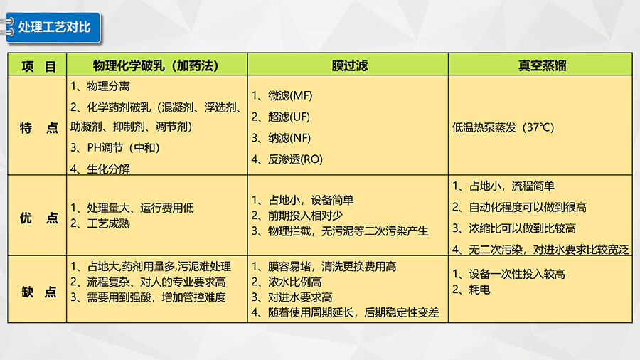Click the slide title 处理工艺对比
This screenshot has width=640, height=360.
[x=54, y=27]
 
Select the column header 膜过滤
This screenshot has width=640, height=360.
[x=349, y=65]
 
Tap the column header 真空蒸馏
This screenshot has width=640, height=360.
[x=542, y=65]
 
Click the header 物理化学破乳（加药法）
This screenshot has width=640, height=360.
[x=156, y=65]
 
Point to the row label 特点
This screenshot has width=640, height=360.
[x=39, y=128]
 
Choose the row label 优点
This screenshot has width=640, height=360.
[x=39, y=218]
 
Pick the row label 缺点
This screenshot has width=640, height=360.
[x=39, y=292]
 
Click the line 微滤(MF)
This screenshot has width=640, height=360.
[x=282, y=95]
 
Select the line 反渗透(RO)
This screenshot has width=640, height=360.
[x=287, y=159]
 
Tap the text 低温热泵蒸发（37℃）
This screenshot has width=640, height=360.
[x=503, y=127]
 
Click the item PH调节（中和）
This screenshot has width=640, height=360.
[x=115, y=147]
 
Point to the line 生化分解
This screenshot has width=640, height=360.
[x=100, y=169]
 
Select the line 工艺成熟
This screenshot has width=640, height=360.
[x=100, y=223]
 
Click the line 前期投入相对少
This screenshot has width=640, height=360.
[x=297, y=216]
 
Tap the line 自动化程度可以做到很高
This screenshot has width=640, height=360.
[x=519, y=207]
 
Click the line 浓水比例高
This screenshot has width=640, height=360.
[x=287, y=282]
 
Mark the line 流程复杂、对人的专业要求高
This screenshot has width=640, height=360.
[x=148, y=282]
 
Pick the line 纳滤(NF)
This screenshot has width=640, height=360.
[x=281, y=138]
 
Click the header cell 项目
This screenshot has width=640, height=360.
[x=38, y=65]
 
